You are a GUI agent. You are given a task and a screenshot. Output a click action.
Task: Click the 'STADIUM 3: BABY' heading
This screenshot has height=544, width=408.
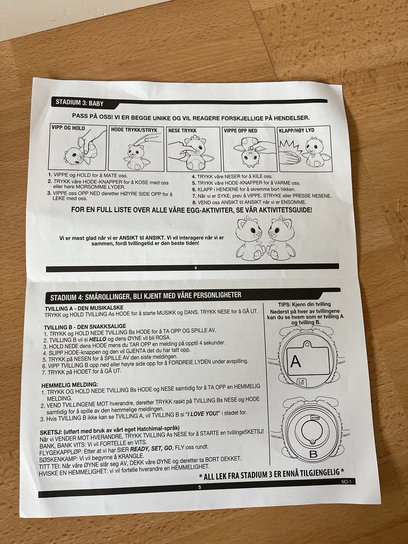point(79,102)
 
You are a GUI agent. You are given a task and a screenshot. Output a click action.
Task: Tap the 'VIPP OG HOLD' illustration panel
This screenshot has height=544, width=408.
point(77,147)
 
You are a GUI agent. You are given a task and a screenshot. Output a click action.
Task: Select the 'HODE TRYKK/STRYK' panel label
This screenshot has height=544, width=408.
point(134,130)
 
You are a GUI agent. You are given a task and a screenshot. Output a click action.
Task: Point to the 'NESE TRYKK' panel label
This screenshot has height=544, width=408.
point(182,130)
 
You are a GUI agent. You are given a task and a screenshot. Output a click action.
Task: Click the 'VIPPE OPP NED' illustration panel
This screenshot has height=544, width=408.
point(249,149)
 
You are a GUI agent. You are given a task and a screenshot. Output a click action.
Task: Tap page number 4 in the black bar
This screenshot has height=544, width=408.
point(195,268)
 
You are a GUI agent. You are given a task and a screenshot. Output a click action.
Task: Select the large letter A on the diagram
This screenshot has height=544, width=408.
point(295,362)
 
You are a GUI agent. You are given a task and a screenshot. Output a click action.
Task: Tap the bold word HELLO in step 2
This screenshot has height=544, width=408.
point(98,339)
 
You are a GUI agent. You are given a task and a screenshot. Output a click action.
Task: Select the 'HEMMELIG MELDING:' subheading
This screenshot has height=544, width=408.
point(70,385)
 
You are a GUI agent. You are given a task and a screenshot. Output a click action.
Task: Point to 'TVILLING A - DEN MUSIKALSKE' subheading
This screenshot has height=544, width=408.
point(84,308)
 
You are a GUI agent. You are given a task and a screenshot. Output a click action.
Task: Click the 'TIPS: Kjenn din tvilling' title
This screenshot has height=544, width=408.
point(304,304)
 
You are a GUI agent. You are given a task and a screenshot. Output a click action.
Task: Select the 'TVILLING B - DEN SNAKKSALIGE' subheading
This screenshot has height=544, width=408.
point(85,326)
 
